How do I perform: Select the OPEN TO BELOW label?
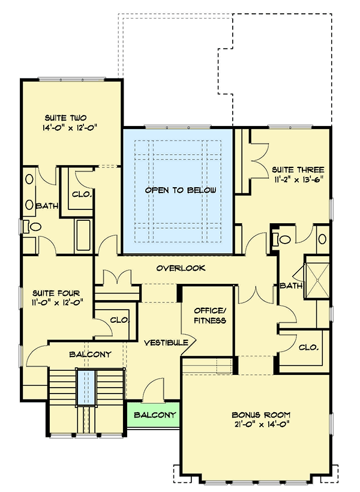coord(179,190)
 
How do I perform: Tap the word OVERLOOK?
coord(181,268)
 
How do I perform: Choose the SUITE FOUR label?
coord(56,293)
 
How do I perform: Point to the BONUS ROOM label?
coord(261,415)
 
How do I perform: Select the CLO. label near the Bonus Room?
coord(308,347)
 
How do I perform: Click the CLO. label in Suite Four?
coord(120,320)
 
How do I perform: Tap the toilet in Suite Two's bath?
coord(34,227)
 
